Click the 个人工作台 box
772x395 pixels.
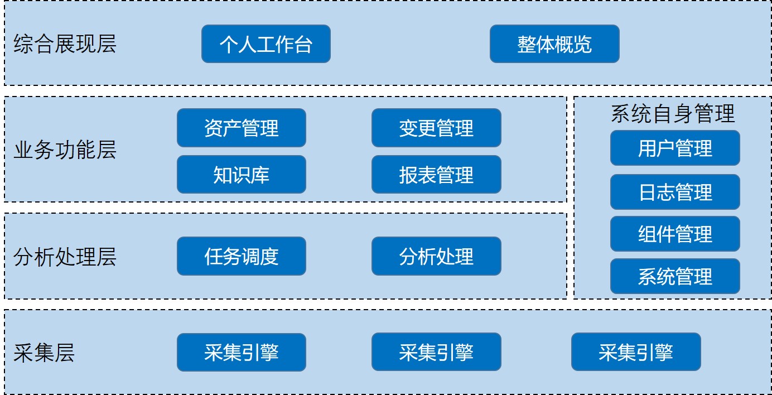click(266, 44)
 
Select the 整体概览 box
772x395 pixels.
click(554, 44)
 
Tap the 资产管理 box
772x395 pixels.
click(241, 128)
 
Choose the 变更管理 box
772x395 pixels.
click(436, 128)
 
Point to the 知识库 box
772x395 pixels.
click(241, 175)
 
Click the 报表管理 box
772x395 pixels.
click(436, 175)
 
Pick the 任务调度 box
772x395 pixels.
click(241, 256)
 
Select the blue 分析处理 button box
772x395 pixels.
click(436, 256)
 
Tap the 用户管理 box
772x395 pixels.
click(674, 148)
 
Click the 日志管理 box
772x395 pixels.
click(674, 192)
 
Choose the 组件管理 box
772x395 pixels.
click(674, 234)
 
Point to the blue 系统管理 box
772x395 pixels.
click(674, 276)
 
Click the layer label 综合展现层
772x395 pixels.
click(65, 44)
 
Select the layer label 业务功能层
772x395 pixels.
click(65, 150)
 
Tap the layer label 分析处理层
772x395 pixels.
click(65, 257)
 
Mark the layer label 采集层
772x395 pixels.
click(44, 353)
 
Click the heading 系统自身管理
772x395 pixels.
click(673, 113)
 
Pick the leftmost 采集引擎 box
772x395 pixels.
click(241, 352)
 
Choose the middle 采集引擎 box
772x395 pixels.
click(436, 352)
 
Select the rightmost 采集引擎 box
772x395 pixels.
click(635, 352)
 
